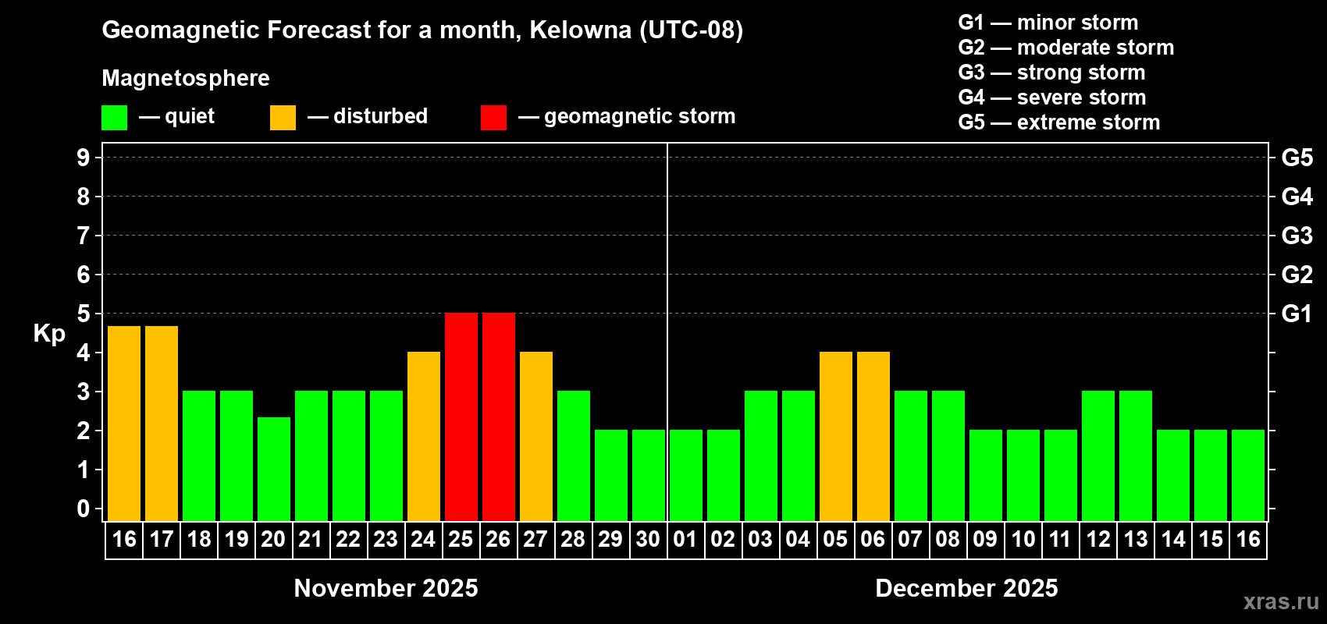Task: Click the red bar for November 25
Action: coord(461,417)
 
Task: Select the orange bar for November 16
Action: coord(124,424)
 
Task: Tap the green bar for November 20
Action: coord(274,469)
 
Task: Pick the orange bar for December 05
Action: coord(836,436)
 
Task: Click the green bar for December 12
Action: coord(1098,456)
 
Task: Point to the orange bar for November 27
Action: coord(536,436)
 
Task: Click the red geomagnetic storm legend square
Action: coord(493,118)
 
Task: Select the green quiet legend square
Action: coord(115,118)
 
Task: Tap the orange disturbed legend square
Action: coord(283,118)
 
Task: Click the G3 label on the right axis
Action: coord(1297,236)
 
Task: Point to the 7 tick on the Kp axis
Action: coord(84,236)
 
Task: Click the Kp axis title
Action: coord(49,334)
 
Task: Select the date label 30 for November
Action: coord(648,540)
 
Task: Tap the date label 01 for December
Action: coord(685,540)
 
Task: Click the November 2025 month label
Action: coord(386,588)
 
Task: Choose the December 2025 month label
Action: coord(966,588)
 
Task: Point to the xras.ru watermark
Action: coord(1281,601)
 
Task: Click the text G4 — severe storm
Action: coord(1051,97)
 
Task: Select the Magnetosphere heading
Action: coord(186,79)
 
